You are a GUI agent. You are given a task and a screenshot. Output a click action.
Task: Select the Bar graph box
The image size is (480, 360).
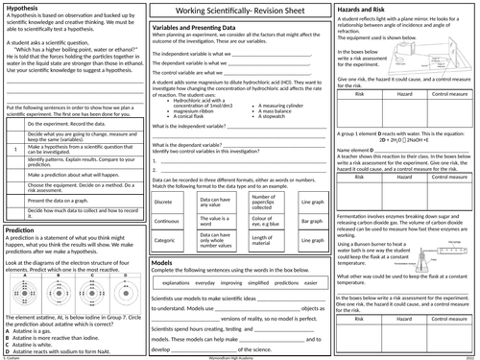[x=312, y=222]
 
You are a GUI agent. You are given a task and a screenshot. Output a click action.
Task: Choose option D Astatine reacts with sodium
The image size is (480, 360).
[x=72, y=348]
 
